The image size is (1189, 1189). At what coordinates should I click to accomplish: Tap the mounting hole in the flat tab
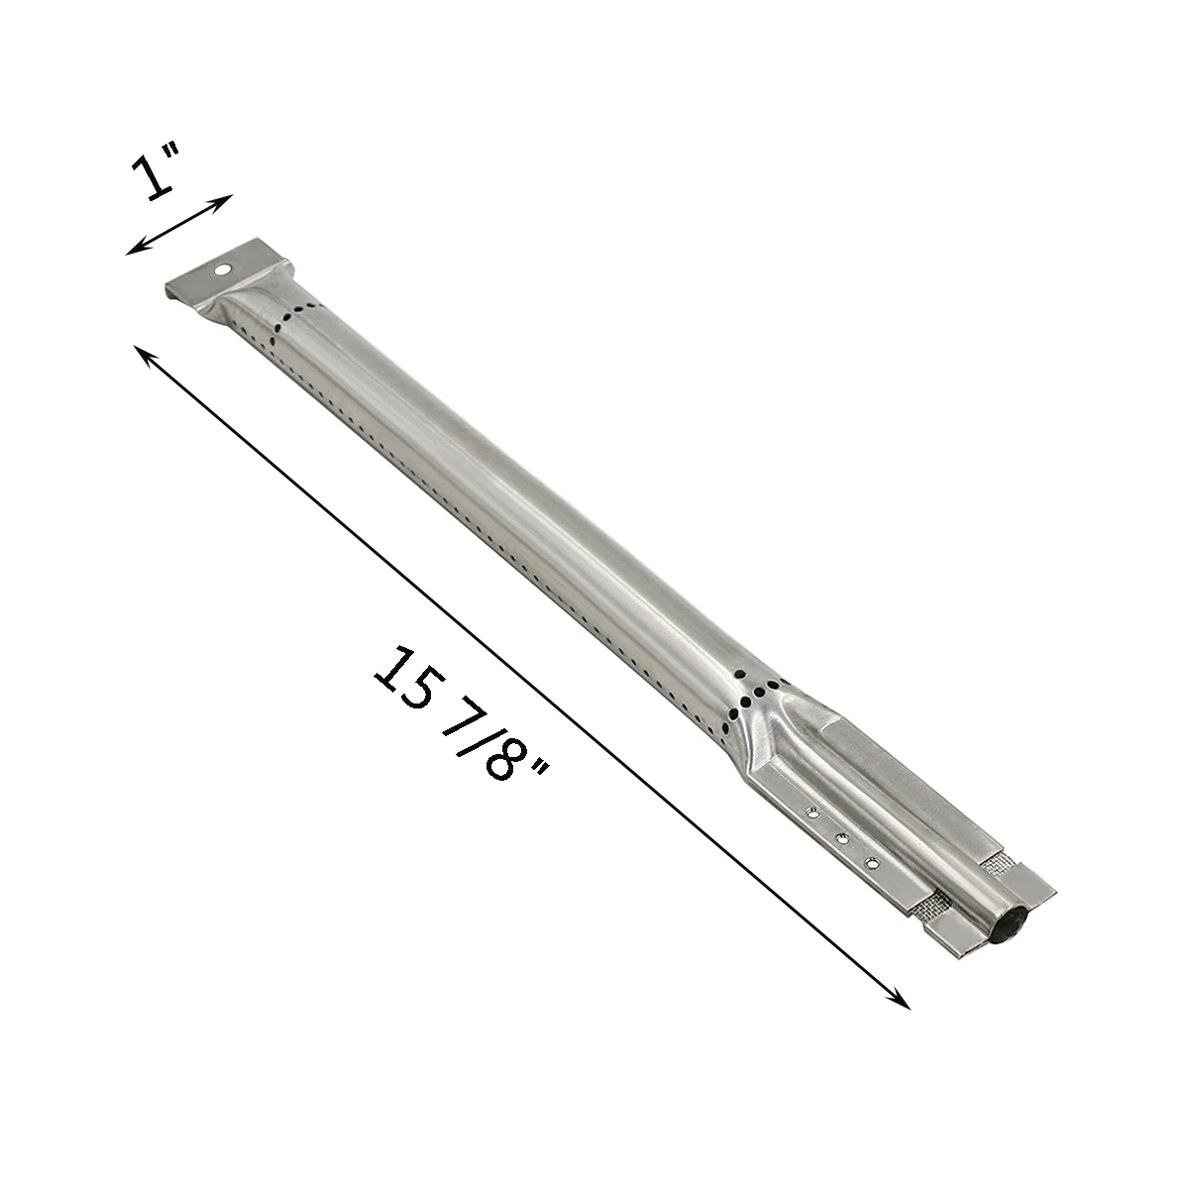[222, 270]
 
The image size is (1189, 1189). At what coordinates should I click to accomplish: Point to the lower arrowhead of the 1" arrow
[134, 250]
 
